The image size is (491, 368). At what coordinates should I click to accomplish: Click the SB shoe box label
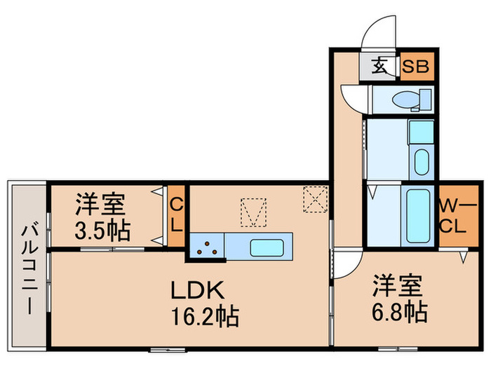click(415, 67)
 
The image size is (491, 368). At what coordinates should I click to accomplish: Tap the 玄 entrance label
click(380, 66)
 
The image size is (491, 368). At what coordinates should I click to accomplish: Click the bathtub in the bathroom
click(418, 216)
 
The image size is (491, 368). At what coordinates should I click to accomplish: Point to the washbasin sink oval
click(422, 163)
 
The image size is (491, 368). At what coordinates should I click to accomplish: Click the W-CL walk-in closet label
click(458, 216)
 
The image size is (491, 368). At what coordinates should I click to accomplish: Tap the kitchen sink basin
click(267, 247)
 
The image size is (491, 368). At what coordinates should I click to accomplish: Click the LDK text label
click(198, 290)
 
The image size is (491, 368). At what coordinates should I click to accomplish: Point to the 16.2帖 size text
click(205, 315)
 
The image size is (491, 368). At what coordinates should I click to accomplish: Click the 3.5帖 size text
click(102, 231)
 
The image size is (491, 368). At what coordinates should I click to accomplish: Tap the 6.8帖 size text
click(400, 312)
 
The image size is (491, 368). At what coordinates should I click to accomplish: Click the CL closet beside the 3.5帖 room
click(176, 216)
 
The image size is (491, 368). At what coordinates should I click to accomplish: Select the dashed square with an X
click(316, 199)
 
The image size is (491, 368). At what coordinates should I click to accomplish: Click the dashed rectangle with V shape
click(253, 212)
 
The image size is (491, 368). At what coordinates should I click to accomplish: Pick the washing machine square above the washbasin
click(422, 132)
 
